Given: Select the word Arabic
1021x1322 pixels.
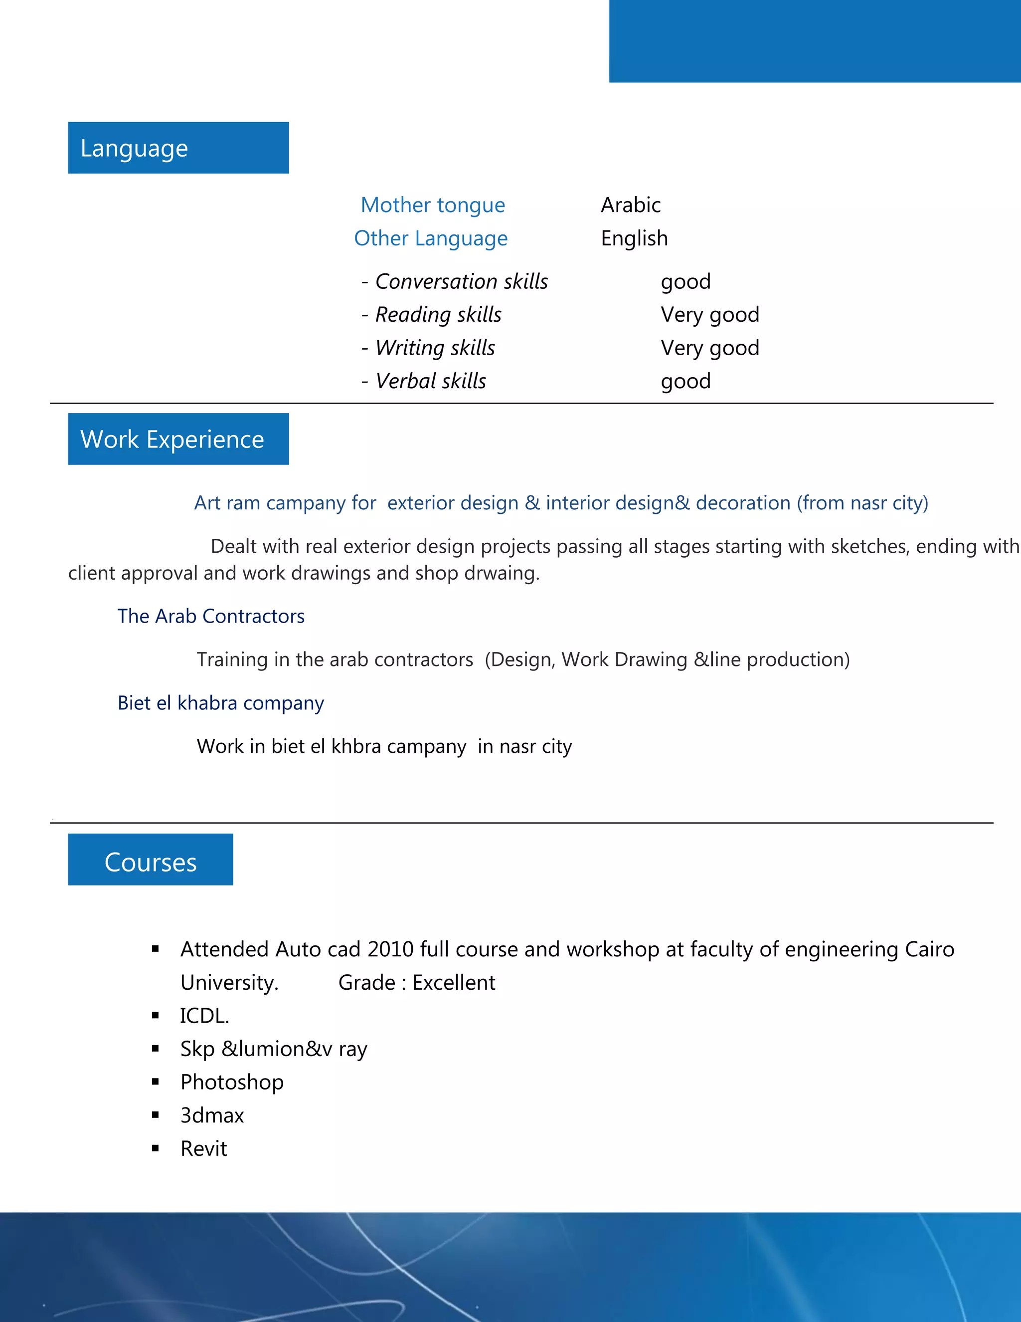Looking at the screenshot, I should tap(630, 205).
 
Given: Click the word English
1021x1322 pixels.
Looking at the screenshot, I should tap(634, 238).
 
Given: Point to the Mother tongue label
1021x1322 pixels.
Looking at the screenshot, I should tap(432, 205).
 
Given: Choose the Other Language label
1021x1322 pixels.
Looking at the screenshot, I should tap(431, 238).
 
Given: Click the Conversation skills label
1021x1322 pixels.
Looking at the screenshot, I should tap(461, 281).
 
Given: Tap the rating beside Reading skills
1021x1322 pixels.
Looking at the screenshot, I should tap(709, 315).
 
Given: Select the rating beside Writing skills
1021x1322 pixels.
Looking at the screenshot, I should tap(709, 348).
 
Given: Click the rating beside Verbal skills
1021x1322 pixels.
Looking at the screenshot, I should tap(685, 381).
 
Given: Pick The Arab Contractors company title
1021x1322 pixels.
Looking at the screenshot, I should tap(211, 616).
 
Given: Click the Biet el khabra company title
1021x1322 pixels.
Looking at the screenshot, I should tap(221, 703).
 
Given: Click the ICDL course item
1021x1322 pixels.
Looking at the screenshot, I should tap(204, 1016).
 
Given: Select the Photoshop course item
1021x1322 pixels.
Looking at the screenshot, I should tap(232, 1083).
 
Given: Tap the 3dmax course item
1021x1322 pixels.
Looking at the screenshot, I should tap(212, 1115).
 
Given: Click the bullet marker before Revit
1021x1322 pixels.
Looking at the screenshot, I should tap(156, 1148).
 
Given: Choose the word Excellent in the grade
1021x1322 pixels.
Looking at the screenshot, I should tap(454, 982).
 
